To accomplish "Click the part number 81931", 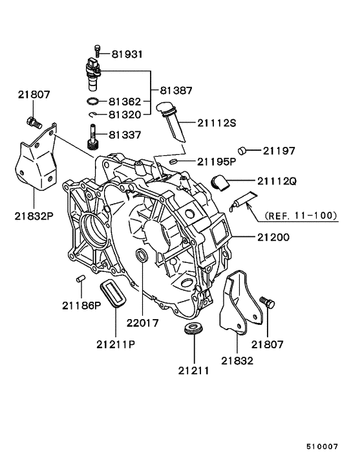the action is click(127, 54).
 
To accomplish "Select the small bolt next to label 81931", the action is click(97, 50).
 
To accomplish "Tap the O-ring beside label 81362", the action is click(93, 102).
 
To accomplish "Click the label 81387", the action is click(176, 91).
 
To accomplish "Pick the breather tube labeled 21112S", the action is click(171, 121).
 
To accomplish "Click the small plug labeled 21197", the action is click(242, 151).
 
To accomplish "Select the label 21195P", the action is click(217, 161).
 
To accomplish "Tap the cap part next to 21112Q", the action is click(220, 183).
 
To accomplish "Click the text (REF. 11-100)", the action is click(301, 216).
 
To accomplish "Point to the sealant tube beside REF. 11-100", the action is click(243, 201).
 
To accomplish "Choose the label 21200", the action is click(273, 238).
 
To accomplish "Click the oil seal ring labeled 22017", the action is click(142, 255).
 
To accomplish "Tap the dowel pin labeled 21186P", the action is click(80, 278).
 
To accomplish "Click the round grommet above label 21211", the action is click(194, 328).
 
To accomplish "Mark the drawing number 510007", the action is click(322, 447).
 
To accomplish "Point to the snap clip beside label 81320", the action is click(93, 115).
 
